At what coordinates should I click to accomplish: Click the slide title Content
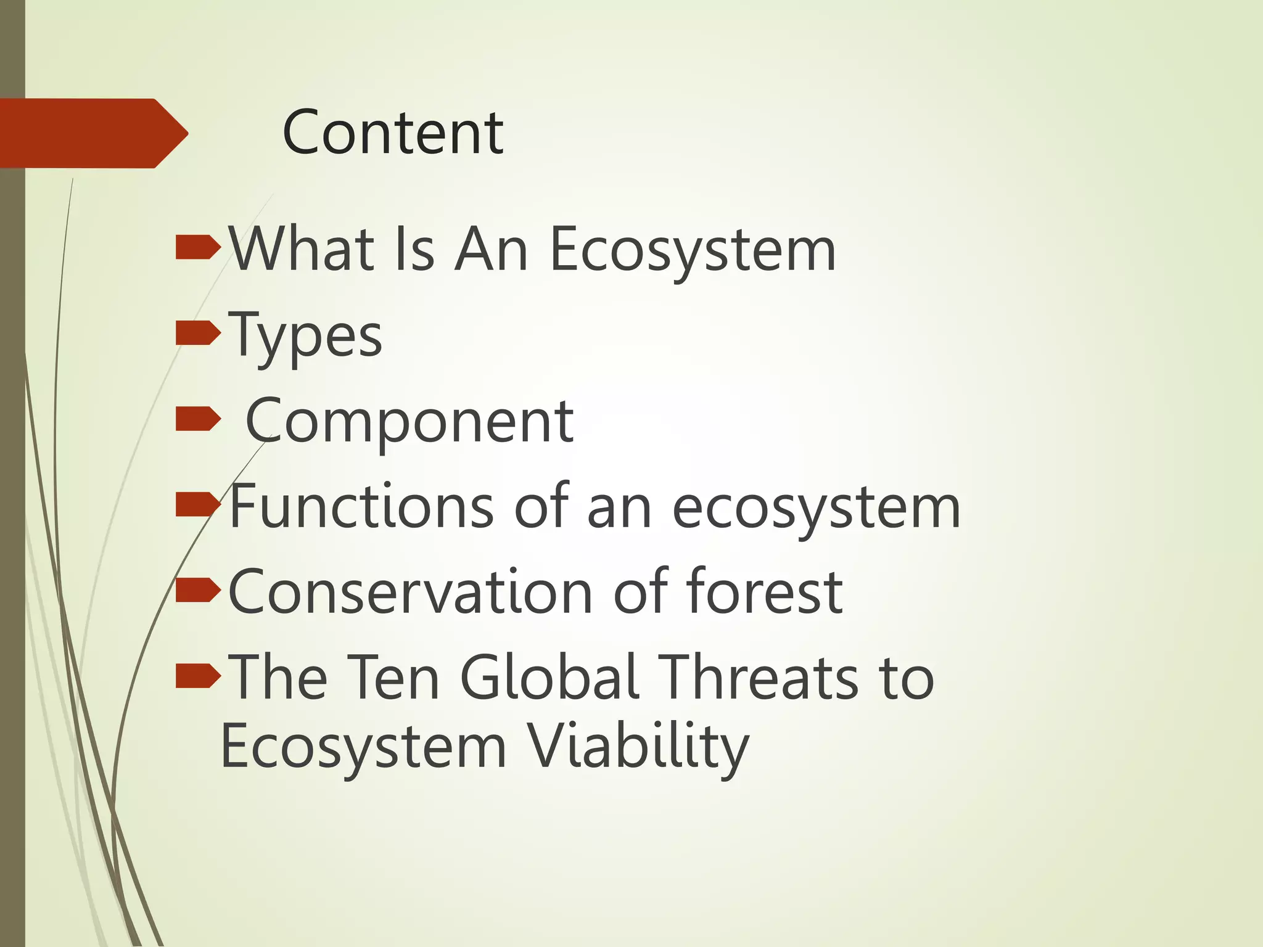click(393, 133)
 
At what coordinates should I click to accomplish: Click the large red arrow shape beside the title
click(93, 133)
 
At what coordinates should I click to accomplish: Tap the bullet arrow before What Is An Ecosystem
click(197, 247)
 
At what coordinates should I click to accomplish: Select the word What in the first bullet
click(302, 248)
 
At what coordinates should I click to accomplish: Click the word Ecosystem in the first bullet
click(692, 250)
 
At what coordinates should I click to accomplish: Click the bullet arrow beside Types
click(197, 333)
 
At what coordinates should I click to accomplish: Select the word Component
click(409, 422)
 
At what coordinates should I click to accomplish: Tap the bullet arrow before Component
click(197, 419)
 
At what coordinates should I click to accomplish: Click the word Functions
click(361, 506)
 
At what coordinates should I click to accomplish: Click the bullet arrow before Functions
click(197, 504)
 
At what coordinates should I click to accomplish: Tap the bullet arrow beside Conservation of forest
click(197, 590)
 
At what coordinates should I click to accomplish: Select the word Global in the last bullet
click(548, 677)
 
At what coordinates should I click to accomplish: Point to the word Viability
click(638, 747)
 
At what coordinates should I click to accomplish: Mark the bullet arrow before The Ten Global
click(197, 676)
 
